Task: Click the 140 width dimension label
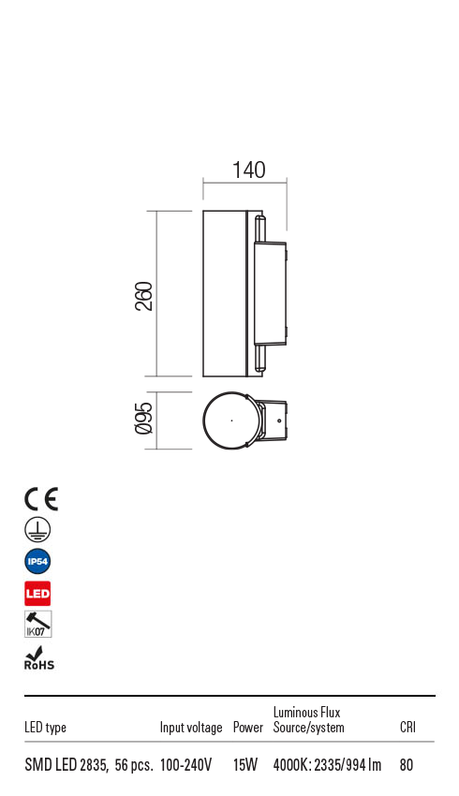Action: pos(248,170)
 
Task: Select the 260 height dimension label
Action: pos(143,296)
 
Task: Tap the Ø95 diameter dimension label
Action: pos(143,418)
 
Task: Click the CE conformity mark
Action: pos(40,499)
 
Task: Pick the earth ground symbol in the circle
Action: pos(37,530)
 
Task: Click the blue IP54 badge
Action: pos(37,562)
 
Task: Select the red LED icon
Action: pos(37,594)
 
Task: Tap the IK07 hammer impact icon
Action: pos(37,625)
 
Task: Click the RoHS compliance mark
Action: pos(38,658)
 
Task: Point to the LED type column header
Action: pos(45,728)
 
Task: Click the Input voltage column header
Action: pos(191,728)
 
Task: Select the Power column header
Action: pos(248,728)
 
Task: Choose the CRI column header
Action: pos(407,728)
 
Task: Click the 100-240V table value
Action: pos(186,765)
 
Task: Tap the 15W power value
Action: pos(245,765)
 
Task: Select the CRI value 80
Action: pos(406,765)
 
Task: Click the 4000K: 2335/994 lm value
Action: pos(327,765)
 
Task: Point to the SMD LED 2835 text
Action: pos(66,765)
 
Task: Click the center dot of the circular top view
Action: pos(231,420)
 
